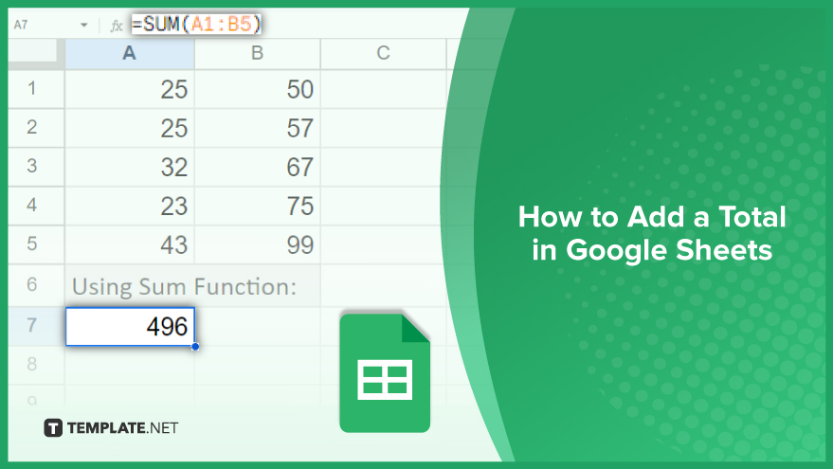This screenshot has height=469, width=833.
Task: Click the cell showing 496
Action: pos(130,326)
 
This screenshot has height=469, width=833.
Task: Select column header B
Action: pos(257,53)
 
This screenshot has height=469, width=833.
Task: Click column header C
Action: pos(383,53)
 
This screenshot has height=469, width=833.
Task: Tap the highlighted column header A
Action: pos(129,53)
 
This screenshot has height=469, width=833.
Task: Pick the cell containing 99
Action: pos(257,244)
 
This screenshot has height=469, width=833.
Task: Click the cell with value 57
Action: pos(257,128)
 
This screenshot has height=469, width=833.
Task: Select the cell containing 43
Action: pos(130,244)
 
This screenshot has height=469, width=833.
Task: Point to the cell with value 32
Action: pos(130,167)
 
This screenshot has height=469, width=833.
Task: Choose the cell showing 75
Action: pos(257,206)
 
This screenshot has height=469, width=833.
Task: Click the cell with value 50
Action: pos(257,89)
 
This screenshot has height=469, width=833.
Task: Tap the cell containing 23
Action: pos(130,206)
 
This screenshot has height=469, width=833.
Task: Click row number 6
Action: pos(32,284)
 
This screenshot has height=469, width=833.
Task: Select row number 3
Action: pos(32,166)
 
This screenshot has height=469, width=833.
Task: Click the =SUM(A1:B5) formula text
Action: pos(196,24)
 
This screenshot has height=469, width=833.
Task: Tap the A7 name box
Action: pos(50,25)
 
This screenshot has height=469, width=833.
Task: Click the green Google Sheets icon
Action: pos(385,373)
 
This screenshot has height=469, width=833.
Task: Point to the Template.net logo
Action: pos(111,427)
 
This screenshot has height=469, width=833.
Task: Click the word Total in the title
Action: pos(752,217)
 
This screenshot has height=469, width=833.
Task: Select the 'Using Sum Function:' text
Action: pos(184,287)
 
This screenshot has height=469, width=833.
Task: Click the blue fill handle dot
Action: pos(195,347)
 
